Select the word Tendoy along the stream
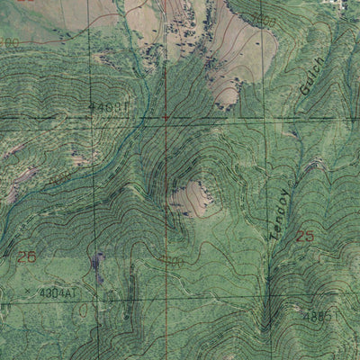(281, 213)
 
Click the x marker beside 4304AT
(29, 292)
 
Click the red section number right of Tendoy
(306, 236)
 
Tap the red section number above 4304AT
(25, 256)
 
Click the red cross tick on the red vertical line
(166, 117)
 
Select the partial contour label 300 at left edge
(7, 41)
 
